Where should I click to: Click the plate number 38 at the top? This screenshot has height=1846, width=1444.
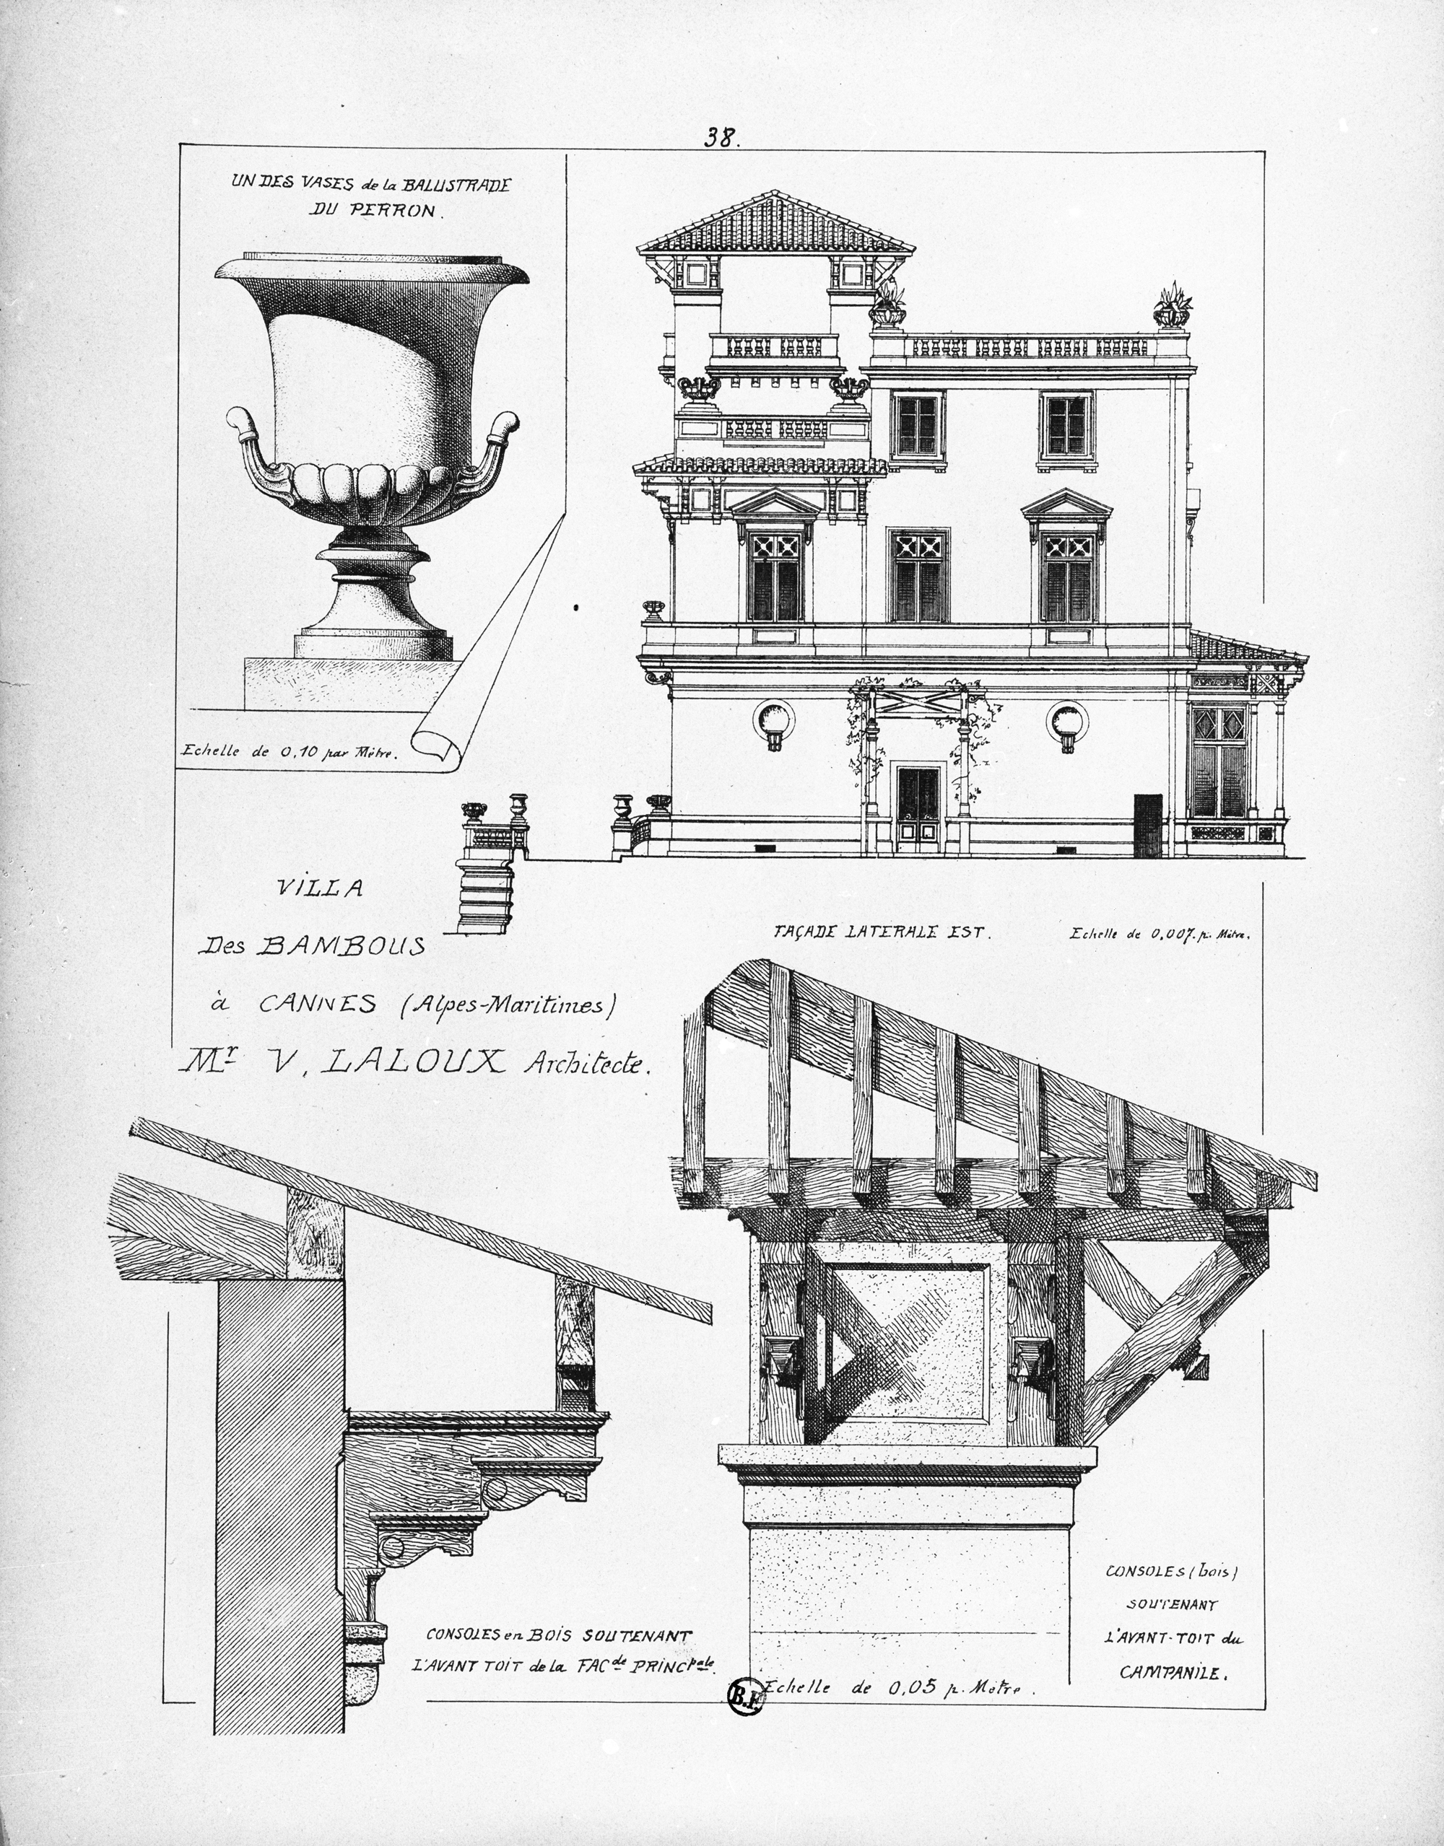coord(722,138)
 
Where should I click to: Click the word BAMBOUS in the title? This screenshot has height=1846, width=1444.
coord(341,947)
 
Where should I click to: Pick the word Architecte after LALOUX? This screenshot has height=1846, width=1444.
coord(588,1062)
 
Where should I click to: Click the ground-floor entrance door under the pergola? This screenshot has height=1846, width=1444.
coord(918,809)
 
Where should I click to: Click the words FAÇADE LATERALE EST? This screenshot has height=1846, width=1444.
coord(879,932)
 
